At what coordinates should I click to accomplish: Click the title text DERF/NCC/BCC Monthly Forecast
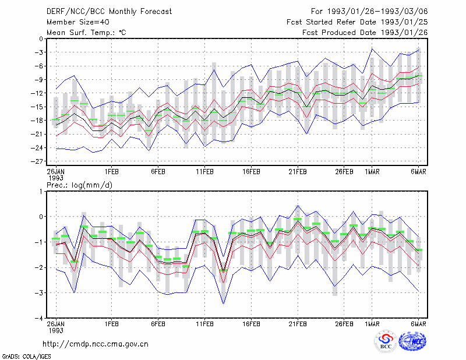pos(109,12)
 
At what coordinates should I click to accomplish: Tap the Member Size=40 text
pos(78,22)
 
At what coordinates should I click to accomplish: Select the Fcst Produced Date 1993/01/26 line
pos(365,33)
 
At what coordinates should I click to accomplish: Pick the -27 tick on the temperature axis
pos(38,161)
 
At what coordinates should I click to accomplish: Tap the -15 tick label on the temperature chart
pos(38,107)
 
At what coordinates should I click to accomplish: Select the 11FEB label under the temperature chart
pos(204,172)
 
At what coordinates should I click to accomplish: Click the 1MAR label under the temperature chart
pos(372,172)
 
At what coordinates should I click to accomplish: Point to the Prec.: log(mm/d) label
pos(79,185)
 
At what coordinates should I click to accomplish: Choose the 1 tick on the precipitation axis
pos(41,192)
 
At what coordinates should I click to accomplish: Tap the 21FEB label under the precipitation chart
pos(298,324)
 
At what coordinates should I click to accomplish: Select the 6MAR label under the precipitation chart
pos(419,324)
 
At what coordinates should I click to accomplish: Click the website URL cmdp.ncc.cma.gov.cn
pos(96,344)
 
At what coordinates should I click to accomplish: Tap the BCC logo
pos(386,342)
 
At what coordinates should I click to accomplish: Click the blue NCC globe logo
pos(412,341)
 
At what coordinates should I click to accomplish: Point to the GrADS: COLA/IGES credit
pos(26,357)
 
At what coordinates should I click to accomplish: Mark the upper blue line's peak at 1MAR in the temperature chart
pos(372,49)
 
